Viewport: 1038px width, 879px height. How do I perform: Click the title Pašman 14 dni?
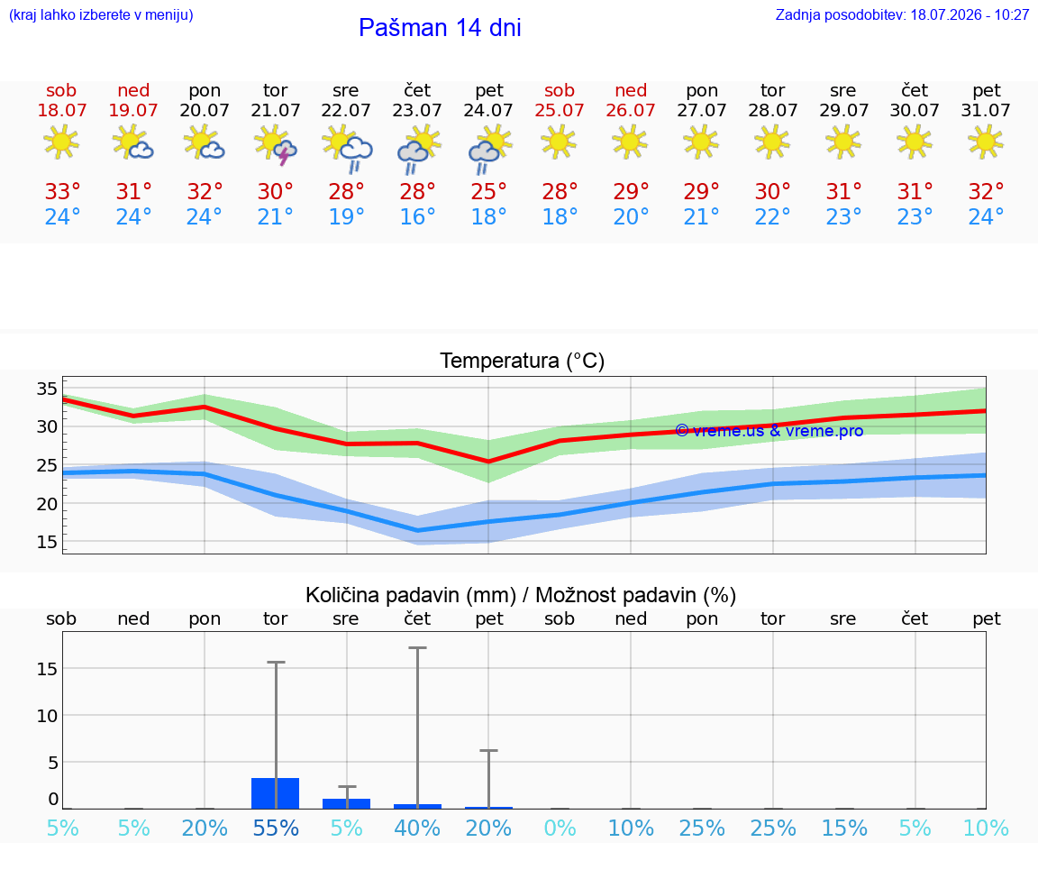(x=440, y=28)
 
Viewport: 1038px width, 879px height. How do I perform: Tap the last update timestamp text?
(x=902, y=14)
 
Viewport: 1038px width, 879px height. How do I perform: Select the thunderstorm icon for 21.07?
(x=276, y=143)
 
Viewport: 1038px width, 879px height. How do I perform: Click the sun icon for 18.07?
(x=61, y=142)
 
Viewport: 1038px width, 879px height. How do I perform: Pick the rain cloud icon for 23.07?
(x=418, y=149)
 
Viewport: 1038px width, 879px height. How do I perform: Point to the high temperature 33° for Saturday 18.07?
(x=62, y=191)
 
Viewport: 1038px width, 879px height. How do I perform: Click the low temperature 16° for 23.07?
(x=417, y=216)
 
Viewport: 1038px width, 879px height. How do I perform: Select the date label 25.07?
(x=560, y=110)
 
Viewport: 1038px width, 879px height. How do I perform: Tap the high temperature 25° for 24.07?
(x=488, y=191)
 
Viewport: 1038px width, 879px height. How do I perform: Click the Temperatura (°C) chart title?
(x=523, y=361)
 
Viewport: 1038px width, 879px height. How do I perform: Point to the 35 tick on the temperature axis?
(x=47, y=389)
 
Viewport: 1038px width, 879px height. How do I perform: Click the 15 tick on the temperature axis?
(x=47, y=542)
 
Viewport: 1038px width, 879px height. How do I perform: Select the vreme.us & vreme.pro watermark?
(x=769, y=431)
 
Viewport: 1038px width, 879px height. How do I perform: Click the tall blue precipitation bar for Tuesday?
(x=276, y=792)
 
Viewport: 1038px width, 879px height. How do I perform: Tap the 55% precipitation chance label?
(x=276, y=828)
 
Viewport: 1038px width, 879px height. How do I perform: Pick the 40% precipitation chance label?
(x=417, y=828)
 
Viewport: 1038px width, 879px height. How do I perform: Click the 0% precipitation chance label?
(x=560, y=828)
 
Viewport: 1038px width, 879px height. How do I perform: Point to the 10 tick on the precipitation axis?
(x=47, y=716)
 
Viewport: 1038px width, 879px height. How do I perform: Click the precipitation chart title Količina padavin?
(x=411, y=595)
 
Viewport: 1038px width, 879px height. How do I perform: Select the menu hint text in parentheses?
(x=101, y=14)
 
